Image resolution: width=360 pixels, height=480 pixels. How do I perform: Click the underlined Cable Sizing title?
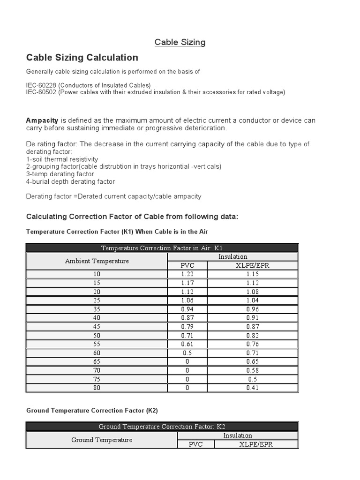tap(180, 42)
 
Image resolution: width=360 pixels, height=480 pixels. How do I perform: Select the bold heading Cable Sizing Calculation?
tap(82, 58)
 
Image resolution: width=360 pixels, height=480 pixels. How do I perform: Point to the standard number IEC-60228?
tap(42, 85)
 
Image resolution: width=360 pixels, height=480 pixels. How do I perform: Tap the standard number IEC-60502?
tap(42, 92)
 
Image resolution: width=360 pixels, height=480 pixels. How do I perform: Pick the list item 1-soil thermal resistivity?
tap(62, 159)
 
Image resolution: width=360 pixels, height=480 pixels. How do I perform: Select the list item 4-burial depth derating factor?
tap(70, 181)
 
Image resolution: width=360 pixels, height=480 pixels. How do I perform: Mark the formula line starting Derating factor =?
tap(113, 196)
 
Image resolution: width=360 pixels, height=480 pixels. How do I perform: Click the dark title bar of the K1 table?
tap(162, 248)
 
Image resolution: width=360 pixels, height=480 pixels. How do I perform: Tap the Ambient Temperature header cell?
tap(97, 261)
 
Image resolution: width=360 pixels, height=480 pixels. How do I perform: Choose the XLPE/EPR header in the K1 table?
tap(252, 265)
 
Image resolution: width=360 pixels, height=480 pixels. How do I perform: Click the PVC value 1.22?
tap(187, 274)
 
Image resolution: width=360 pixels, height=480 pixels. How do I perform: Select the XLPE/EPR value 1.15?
tap(252, 274)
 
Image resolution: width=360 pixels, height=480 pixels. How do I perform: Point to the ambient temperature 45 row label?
tap(97, 327)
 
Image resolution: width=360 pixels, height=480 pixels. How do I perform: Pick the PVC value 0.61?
tap(187, 344)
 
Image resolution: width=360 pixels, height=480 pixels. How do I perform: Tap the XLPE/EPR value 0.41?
tap(252, 388)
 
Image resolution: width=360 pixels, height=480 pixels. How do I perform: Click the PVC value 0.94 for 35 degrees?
tap(187, 309)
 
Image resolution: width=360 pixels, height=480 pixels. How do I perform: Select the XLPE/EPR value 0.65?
tap(252, 361)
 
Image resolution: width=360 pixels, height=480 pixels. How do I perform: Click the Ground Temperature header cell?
tap(101, 440)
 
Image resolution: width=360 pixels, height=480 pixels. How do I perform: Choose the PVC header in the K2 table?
tap(195, 444)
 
